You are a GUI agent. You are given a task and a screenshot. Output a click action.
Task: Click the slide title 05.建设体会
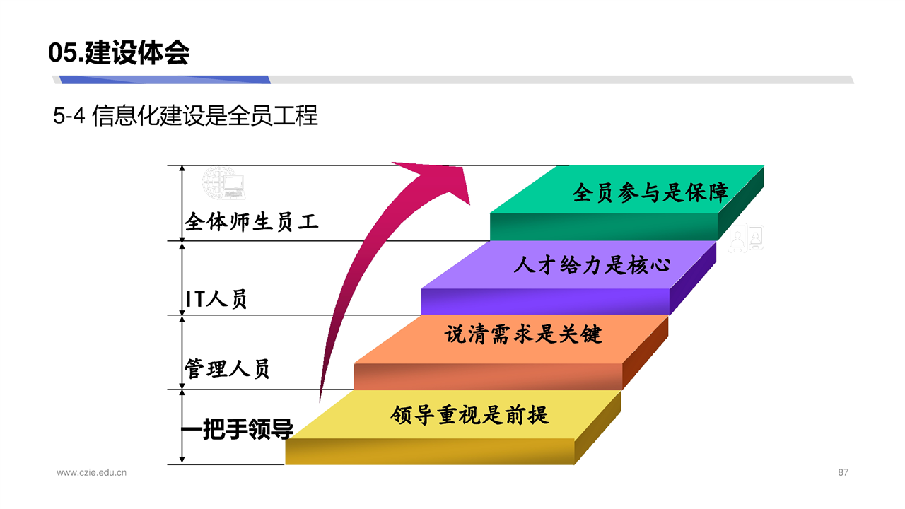tap(119, 52)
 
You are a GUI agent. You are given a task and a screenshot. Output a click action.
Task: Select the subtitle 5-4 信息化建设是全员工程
tap(185, 115)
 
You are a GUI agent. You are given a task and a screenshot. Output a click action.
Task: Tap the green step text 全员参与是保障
tap(650, 192)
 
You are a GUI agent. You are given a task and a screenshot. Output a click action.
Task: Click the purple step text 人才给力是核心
tap(592, 265)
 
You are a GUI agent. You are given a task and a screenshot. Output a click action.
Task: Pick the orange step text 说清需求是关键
tap(523, 334)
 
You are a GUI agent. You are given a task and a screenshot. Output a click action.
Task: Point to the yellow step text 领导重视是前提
tap(469, 415)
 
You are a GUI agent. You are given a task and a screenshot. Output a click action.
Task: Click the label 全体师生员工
tap(251, 222)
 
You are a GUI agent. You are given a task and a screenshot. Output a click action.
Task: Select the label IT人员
tap(216, 299)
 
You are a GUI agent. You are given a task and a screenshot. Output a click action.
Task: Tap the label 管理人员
tap(227, 368)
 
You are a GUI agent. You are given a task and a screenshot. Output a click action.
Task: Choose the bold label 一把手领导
tap(237, 428)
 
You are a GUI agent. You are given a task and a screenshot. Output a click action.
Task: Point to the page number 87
tap(843, 472)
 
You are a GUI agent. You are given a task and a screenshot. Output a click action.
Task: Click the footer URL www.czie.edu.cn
tap(92, 472)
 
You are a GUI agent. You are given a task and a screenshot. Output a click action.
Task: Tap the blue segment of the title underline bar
tap(165, 80)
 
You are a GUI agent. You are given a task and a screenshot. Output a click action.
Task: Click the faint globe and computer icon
tap(223, 183)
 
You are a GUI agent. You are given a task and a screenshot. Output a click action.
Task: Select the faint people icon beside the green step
tap(746, 237)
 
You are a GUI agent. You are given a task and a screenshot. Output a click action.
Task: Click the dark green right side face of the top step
tap(741, 203)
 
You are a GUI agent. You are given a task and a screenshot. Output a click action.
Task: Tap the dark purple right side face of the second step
tap(693, 278)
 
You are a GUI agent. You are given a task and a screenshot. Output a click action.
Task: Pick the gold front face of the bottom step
tap(429, 452)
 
